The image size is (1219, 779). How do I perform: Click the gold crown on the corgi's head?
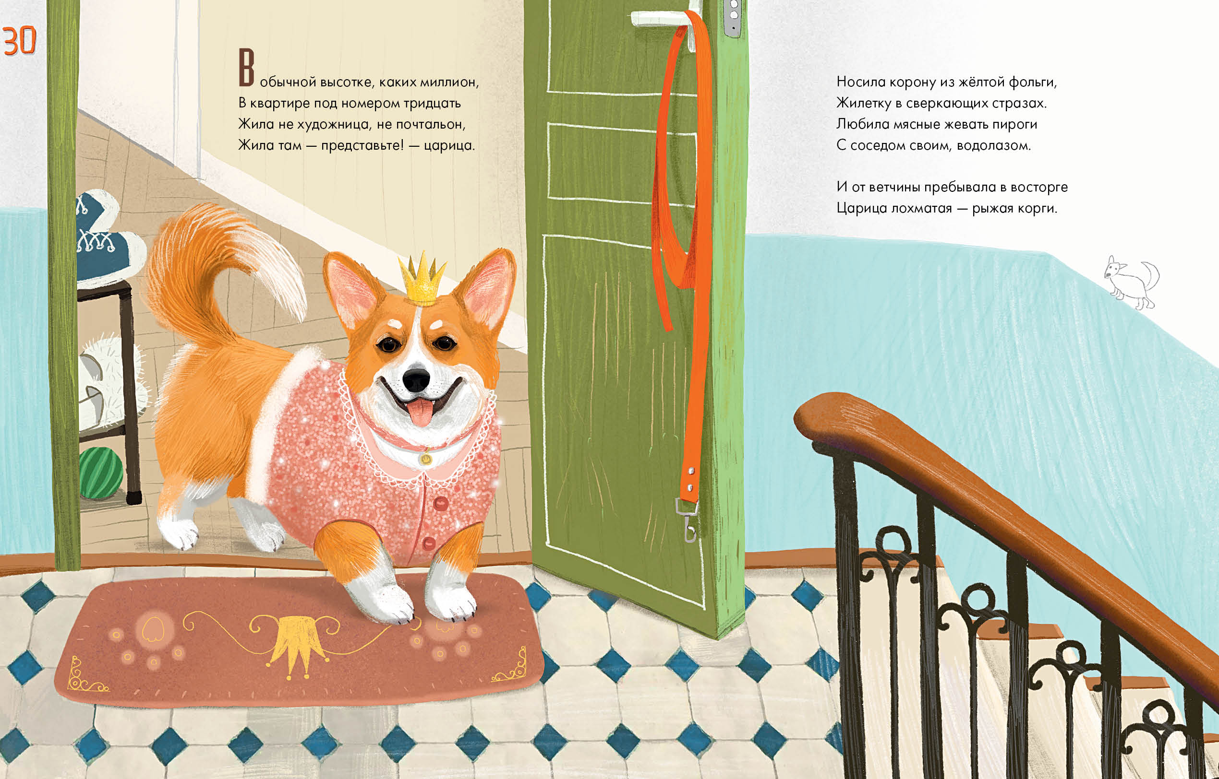(x=422, y=281)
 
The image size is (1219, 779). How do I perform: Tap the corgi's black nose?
(x=416, y=378)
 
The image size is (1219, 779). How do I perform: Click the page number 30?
(x=20, y=41)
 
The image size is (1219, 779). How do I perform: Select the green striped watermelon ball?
(x=101, y=473)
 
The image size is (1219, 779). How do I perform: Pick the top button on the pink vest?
(x=440, y=503)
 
